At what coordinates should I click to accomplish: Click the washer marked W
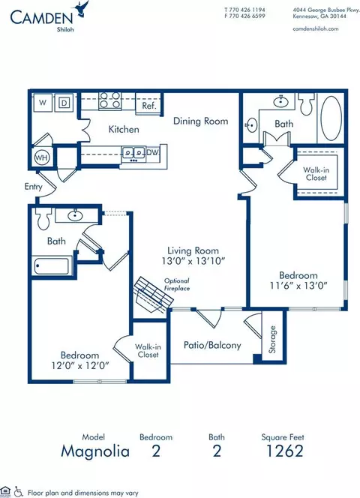(x=43, y=103)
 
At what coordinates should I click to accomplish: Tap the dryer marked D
(x=64, y=103)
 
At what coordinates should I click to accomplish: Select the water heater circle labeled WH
(x=42, y=157)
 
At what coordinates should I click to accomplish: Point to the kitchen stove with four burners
(x=109, y=100)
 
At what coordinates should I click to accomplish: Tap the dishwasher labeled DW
(x=152, y=152)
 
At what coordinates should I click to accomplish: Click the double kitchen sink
(x=133, y=153)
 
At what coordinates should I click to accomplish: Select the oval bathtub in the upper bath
(x=331, y=118)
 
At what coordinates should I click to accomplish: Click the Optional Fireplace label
(x=177, y=284)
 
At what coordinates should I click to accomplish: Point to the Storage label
(x=272, y=340)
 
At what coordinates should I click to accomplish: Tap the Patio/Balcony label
(x=212, y=345)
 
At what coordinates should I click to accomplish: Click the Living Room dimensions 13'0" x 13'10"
(x=193, y=261)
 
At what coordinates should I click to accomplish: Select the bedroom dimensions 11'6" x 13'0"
(x=298, y=286)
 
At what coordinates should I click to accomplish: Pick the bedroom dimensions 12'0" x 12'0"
(x=80, y=365)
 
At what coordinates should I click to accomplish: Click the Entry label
(x=33, y=187)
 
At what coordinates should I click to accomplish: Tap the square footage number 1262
(x=285, y=451)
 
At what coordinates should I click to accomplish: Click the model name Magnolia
(x=95, y=451)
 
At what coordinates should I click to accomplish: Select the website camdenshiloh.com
(x=316, y=28)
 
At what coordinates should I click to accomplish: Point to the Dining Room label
(x=201, y=121)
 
